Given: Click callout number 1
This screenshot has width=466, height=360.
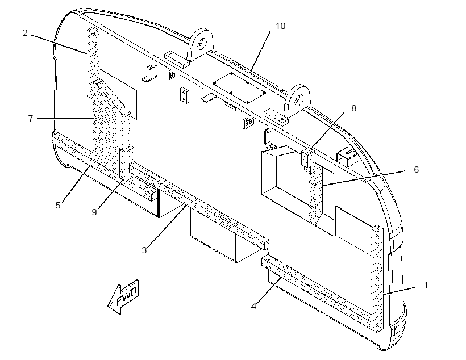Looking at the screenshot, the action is coord(426,285).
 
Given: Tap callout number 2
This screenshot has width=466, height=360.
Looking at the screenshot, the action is coord(25,33).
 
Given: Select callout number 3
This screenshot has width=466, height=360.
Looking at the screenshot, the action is coord(144,250).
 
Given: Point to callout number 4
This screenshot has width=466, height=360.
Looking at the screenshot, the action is coord(253,306).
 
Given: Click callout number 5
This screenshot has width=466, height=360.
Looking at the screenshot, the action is coord(58,205).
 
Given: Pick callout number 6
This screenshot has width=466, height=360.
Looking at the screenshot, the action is coord(417,169).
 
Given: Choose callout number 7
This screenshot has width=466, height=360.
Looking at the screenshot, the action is coord(31,118).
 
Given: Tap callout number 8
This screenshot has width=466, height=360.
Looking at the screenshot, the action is coord(353,108).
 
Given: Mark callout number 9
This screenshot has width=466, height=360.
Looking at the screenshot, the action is coord(94,212).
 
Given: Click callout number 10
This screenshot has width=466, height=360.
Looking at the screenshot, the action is coord(281,26).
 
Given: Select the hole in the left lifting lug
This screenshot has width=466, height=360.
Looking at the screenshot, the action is coord(202,43).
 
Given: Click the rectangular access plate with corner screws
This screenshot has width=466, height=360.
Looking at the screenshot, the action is coord(239,87).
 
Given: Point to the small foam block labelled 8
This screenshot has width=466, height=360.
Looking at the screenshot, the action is coord(308,157).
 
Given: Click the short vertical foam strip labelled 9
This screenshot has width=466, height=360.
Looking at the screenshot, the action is coord(123,164).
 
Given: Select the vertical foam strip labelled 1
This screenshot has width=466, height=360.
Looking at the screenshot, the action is coord(377,279).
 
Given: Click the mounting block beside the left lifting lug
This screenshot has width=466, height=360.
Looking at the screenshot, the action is coord(177,60).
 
